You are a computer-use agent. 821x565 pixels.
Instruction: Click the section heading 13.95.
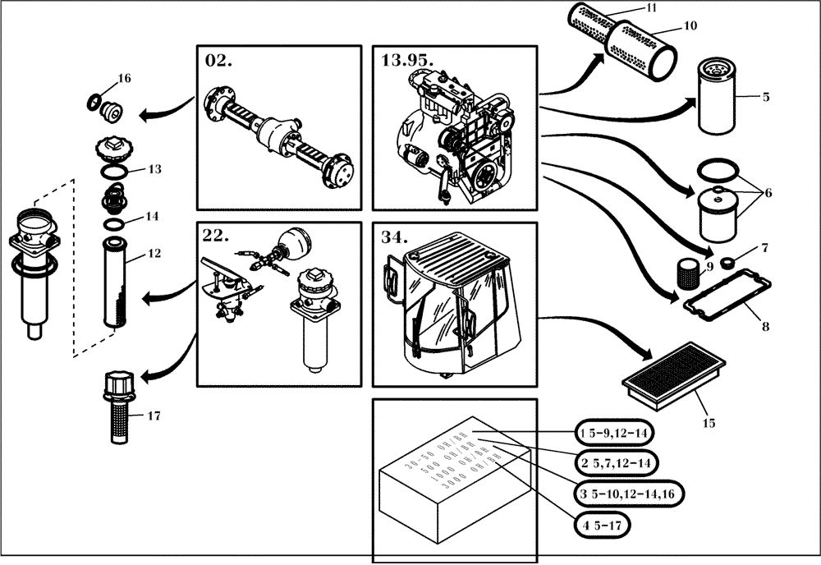(x=407, y=60)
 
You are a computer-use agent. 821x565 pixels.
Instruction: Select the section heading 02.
(x=218, y=60)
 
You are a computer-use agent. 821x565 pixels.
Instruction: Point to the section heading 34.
(x=395, y=237)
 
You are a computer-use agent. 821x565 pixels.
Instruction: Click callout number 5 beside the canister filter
(x=765, y=97)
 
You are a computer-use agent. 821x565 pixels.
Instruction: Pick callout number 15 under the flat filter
(x=709, y=423)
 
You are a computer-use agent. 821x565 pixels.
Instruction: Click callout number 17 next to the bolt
(x=153, y=416)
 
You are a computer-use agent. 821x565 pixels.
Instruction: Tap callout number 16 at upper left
(x=124, y=79)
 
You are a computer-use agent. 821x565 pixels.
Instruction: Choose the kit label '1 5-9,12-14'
(x=616, y=432)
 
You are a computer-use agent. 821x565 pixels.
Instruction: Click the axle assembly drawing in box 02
(x=279, y=130)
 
